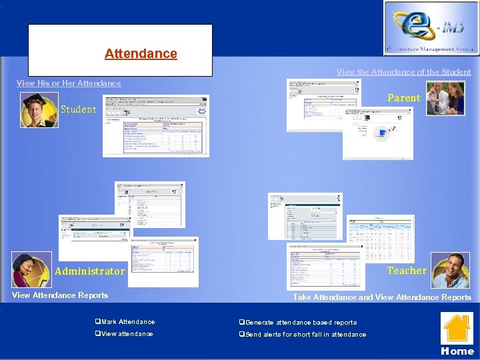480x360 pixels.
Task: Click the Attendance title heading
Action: pyautogui.click(x=141, y=53)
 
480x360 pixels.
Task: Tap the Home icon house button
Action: pyautogui.click(x=457, y=329)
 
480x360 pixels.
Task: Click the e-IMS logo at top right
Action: pyautogui.click(x=430, y=28)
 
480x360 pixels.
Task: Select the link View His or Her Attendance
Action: pyautogui.click(x=69, y=83)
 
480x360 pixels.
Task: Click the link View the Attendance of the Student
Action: pyautogui.click(x=403, y=72)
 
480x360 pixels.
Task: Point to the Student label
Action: pyautogui.click(x=79, y=109)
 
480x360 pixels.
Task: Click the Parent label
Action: pyautogui.click(x=404, y=98)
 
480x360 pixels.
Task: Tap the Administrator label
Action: pyautogui.click(x=89, y=271)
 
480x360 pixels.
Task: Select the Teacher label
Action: pyautogui.click(x=407, y=271)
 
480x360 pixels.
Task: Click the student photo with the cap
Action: pyautogui.click(x=39, y=110)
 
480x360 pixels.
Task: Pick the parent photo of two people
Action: pyautogui.click(x=445, y=98)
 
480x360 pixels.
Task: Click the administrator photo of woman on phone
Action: pyautogui.click(x=31, y=269)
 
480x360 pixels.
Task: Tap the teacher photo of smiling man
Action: pyautogui.click(x=450, y=270)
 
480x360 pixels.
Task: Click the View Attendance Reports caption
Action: pyautogui.click(x=60, y=295)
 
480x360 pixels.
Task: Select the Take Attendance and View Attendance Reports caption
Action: pyautogui.click(x=382, y=297)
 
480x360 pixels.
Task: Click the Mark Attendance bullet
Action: pyautogui.click(x=127, y=322)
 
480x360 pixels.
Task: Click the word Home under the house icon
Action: pyautogui.click(x=457, y=351)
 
